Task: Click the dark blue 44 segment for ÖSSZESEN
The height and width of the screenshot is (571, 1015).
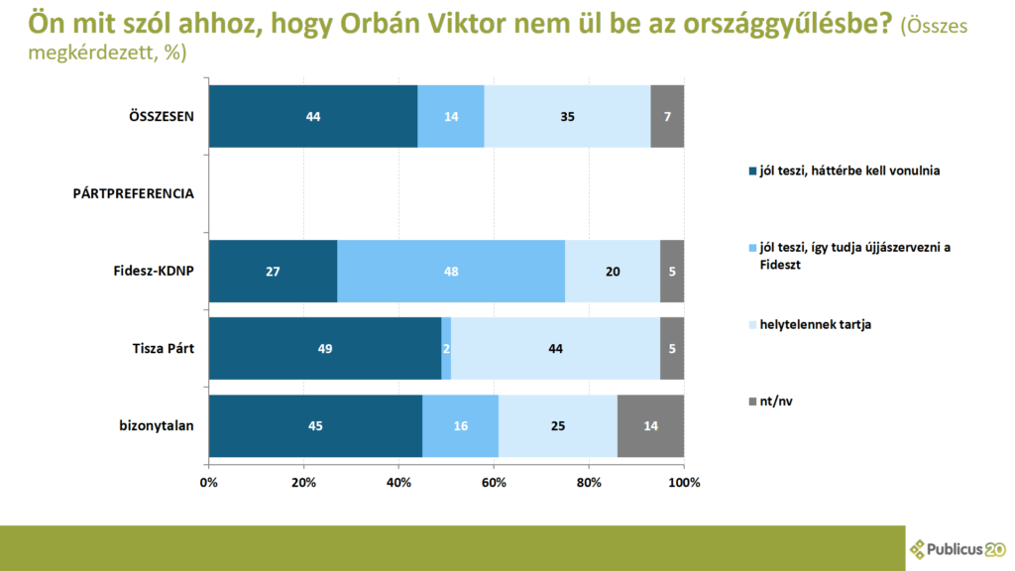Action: coord(313,117)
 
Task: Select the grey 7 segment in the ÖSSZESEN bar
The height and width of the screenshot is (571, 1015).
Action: coord(667,117)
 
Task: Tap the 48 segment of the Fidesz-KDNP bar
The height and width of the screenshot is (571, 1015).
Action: coord(451,272)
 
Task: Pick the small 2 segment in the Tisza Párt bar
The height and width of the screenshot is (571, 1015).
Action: coord(446,348)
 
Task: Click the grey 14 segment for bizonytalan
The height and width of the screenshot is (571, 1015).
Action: coord(650,426)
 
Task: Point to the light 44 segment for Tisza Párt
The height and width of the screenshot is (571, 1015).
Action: coord(555,348)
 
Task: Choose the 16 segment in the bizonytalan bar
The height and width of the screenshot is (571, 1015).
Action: coord(460,426)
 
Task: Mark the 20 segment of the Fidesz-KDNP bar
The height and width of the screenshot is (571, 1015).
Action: coord(613,272)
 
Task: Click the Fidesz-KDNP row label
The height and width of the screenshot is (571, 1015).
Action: coord(154,272)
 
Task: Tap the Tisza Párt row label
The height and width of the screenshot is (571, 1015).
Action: coord(164,348)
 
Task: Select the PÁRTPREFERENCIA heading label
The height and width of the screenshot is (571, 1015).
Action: coord(134,193)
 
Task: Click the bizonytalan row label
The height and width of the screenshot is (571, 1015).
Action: coord(157,426)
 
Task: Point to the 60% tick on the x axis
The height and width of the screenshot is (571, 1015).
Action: coord(494,483)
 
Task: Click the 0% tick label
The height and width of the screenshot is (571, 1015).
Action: coord(208,483)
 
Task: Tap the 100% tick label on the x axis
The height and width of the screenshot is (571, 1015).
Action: coord(684,483)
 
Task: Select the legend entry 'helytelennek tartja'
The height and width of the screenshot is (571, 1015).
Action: coord(810,324)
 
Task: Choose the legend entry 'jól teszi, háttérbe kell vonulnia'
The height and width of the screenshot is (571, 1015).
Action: coord(845,171)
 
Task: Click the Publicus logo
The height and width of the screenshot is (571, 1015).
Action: coord(959,549)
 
